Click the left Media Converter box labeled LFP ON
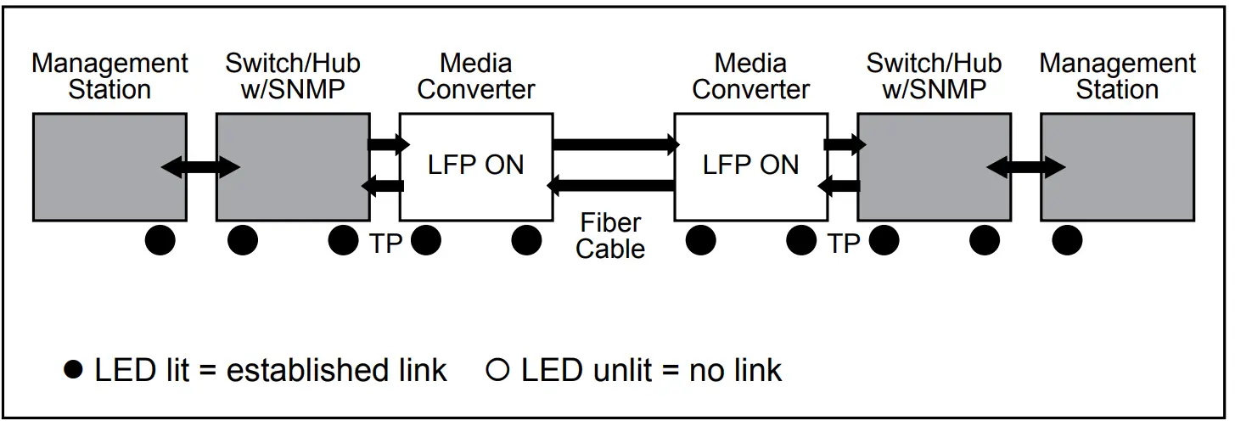tap(476, 167)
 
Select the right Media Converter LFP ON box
tap(751, 167)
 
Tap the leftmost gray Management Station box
tap(109, 167)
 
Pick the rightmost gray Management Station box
tap(1118, 167)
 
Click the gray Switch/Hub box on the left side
tap(293, 167)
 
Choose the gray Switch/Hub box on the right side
tap(935, 167)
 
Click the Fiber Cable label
tap(610, 236)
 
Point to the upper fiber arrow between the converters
tap(616, 144)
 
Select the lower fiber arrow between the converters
tap(610, 186)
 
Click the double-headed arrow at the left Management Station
tap(200, 167)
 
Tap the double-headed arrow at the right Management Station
tap(1025, 167)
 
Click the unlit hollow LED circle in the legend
tap(497, 370)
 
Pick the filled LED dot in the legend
tap(73, 369)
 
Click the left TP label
tap(386, 244)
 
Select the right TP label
tap(844, 244)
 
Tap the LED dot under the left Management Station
tap(160, 240)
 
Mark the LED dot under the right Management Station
tap(1068, 240)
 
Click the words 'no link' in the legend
tap(736, 370)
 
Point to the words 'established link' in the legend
tap(336, 370)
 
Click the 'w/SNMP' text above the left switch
tap(293, 89)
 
